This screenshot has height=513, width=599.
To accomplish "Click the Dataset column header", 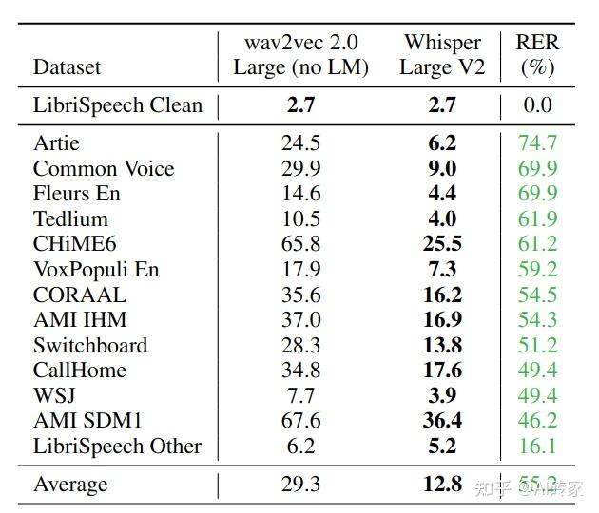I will point(67,67).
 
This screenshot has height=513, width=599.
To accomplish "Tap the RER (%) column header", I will point(537,55).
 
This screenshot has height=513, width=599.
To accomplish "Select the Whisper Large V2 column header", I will point(442,55).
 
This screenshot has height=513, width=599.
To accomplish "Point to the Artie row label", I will point(56,143).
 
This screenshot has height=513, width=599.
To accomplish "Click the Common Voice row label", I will point(104,169).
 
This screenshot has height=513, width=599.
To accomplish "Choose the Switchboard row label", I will point(90,345).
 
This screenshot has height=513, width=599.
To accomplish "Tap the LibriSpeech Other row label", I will point(117,446).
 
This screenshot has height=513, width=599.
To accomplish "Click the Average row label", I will point(70,484).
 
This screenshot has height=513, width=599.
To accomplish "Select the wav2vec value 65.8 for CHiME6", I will point(300,244).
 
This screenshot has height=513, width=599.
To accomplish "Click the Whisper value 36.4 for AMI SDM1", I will point(442,421).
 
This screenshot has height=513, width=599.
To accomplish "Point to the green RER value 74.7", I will point(537,143).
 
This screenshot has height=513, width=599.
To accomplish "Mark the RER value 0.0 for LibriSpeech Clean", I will point(537,105).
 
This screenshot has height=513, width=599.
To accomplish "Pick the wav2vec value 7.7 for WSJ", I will point(300,395).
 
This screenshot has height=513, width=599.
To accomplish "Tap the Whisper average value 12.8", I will point(442,484).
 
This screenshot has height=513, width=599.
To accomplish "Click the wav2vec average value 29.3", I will point(300,484).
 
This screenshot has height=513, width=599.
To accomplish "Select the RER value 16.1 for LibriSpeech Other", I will point(537,446).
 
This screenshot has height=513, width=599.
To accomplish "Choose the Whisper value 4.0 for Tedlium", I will point(442,219).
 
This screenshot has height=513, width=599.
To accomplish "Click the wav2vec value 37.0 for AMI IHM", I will point(300,320).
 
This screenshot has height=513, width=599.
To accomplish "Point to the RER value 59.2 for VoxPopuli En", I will point(537,270).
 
